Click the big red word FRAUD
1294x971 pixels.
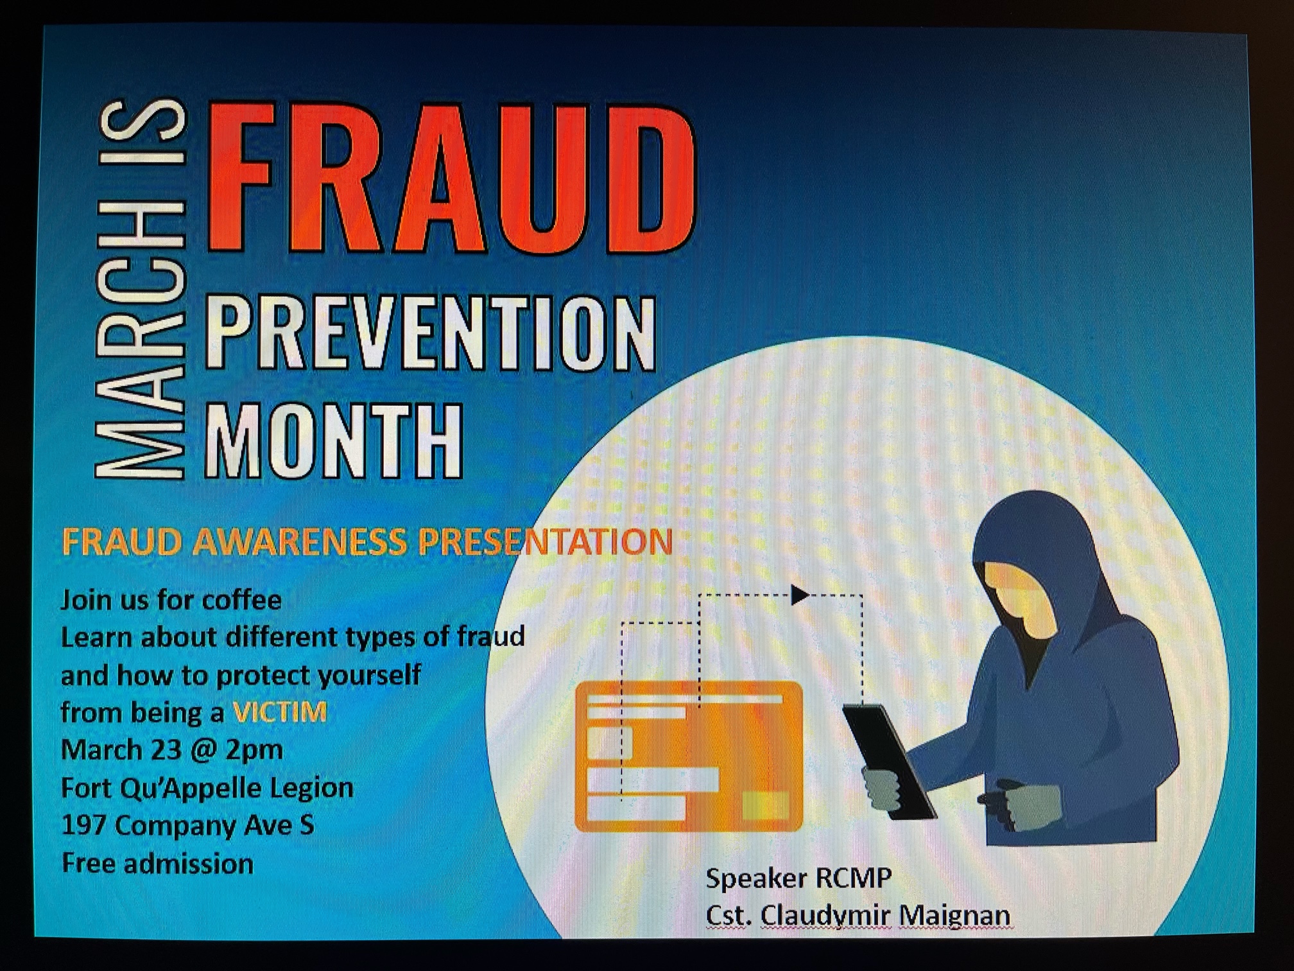coord(452,178)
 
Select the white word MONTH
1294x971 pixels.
coord(334,440)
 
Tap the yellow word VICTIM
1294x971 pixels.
coord(280,712)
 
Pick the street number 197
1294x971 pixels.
coord(83,825)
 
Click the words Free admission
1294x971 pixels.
coord(157,864)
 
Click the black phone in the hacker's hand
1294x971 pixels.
coord(890,762)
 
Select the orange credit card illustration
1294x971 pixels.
coord(689,757)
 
